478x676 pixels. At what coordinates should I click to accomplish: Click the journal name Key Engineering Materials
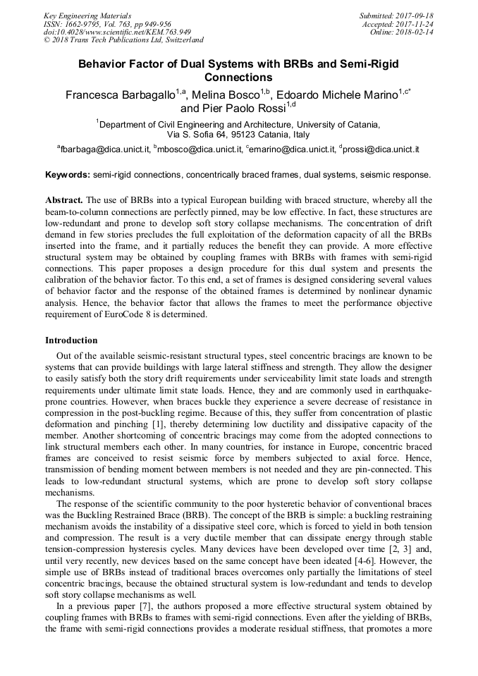click(87, 16)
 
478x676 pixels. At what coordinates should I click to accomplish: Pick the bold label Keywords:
click(68, 174)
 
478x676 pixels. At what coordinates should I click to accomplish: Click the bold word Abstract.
click(64, 200)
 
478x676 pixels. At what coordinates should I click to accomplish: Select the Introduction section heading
click(71, 340)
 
